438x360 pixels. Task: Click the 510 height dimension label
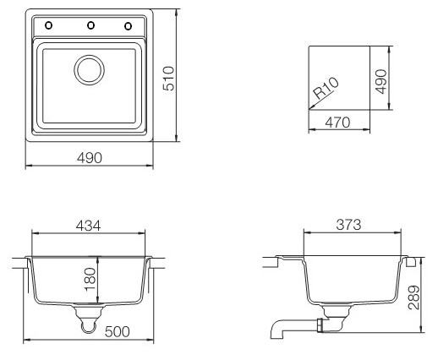coord(168,79)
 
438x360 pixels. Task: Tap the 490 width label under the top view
coord(90,158)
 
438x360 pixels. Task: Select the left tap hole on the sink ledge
coord(48,25)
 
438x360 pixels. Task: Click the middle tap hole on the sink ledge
coord(90,25)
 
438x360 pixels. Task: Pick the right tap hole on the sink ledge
coord(128,26)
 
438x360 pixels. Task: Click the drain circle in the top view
coord(89,70)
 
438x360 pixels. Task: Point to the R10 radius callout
coord(326,88)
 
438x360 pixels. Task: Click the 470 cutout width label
coord(337,123)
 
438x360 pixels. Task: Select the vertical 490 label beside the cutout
coord(381,81)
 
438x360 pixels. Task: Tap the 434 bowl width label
coord(88,226)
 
